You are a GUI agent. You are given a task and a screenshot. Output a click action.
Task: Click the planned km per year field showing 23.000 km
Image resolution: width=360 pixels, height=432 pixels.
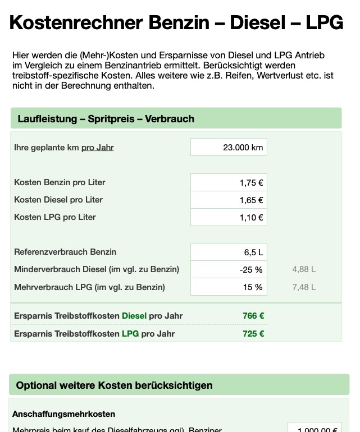(229, 148)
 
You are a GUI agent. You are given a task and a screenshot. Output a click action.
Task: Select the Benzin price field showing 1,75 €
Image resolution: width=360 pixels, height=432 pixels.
(229, 182)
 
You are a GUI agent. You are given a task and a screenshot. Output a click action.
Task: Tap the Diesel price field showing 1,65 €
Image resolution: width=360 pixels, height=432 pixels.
(229, 200)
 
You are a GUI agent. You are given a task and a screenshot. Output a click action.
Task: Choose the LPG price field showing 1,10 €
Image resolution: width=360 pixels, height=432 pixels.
(229, 217)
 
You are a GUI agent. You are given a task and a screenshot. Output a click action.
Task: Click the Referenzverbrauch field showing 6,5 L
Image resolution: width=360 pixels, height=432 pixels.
(229, 252)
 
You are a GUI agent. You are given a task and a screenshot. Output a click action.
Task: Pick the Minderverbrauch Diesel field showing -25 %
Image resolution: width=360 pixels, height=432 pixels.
(229, 269)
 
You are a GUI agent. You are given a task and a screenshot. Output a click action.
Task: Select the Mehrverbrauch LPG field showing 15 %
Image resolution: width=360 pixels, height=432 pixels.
(229, 287)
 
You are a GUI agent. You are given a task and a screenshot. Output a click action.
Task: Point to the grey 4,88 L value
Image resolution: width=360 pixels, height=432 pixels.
(304, 269)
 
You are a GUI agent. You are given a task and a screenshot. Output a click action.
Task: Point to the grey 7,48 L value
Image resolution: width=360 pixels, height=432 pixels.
(304, 287)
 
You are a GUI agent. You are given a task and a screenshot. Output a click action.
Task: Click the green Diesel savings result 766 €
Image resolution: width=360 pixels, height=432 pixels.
(253, 316)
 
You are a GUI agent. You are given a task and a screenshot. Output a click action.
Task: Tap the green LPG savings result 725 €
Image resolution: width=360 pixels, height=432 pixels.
(253, 334)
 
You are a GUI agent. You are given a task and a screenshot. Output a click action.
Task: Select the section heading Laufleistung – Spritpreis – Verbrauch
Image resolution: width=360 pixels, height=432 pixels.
(106, 119)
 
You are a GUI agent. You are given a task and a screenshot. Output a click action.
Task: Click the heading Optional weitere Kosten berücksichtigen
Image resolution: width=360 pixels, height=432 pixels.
(114, 385)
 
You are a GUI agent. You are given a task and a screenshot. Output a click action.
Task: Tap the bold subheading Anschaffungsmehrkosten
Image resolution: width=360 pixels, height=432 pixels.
(64, 414)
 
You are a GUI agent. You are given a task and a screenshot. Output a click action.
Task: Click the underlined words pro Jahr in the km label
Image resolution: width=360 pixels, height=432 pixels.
(98, 148)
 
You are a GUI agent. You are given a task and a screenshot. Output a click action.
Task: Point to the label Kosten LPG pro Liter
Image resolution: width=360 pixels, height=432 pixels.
(55, 217)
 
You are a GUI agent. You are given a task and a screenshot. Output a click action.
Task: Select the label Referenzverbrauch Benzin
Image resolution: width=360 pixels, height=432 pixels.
(65, 252)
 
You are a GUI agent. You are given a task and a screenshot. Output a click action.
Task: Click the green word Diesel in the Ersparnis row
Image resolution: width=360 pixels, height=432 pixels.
(134, 316)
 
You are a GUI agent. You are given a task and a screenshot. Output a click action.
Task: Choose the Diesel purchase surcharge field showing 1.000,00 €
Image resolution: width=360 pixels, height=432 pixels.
(315, 429)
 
